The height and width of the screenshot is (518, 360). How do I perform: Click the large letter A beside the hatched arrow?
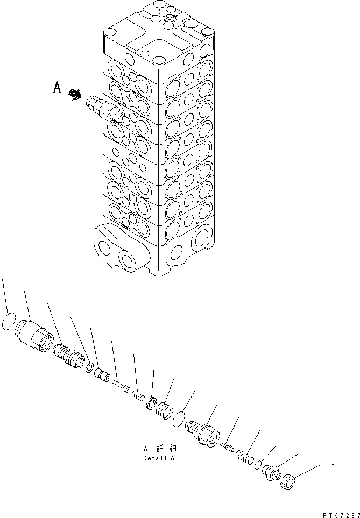(57, 87)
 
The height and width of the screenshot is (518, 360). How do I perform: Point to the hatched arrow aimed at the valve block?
(75, 95)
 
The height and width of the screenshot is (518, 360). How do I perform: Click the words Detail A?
(158, 458)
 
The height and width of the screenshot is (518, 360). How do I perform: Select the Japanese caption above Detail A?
(160, 449)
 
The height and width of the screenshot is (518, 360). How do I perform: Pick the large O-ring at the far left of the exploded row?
(9, 321)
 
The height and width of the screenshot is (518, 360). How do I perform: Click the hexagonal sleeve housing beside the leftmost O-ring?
(34, 335)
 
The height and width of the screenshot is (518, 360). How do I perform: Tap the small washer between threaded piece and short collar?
(89, 367)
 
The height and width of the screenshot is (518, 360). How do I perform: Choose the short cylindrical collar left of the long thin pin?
(102, 375)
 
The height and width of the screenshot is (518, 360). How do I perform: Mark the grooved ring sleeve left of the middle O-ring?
(165, 410)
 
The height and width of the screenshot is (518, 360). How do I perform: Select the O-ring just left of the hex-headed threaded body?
(179, 419)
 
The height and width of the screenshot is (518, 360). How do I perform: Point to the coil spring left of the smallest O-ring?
(245, 457)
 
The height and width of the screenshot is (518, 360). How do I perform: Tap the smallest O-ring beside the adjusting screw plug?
(258, 464)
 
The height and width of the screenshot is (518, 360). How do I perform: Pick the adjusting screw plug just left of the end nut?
(272, 472)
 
